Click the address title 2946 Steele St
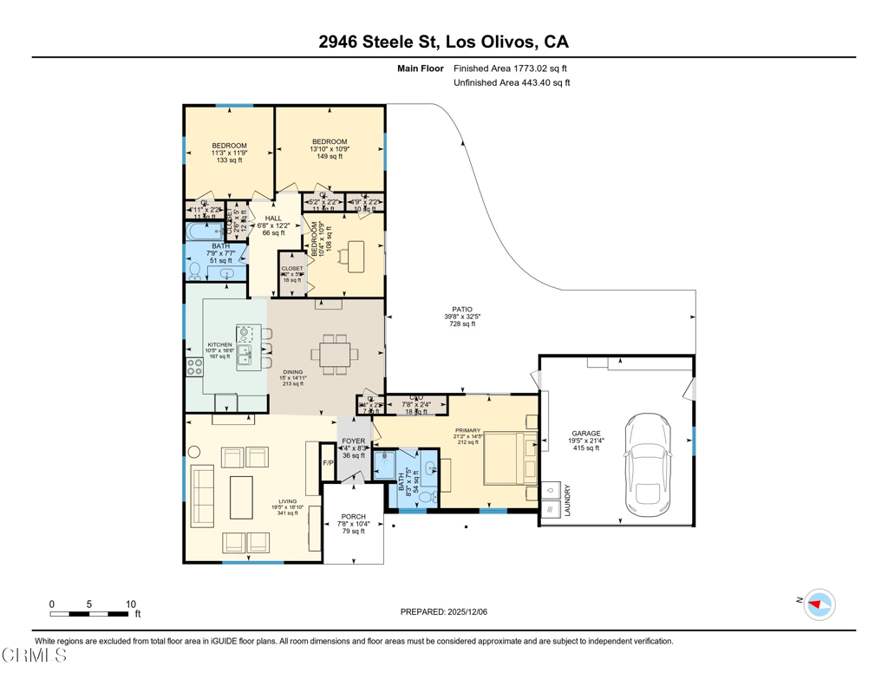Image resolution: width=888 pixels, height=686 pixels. tap(443, 42)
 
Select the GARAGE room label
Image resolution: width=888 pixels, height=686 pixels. tap(585, 434)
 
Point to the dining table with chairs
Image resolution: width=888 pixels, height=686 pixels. tap(334, 354)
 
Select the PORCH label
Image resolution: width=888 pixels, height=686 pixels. tap(353, 517)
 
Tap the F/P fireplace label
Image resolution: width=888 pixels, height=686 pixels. tap(328, 463)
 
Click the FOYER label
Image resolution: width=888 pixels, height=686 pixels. tap(353, 441)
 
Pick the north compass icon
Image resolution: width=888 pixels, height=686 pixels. tap(818, 604)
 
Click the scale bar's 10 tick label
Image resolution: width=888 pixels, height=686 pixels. tap(130, 604)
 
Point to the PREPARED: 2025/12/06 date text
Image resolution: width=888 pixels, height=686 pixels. tap(444, 611)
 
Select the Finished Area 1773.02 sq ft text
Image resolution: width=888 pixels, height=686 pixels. tap(511, 68)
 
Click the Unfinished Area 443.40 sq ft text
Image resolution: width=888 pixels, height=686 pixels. tap(512, 83)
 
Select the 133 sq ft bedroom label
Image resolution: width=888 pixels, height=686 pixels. tap(230, 160)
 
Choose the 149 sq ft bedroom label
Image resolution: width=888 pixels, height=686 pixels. tap(330, 157)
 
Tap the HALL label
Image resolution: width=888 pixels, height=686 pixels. tap(273, 219)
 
